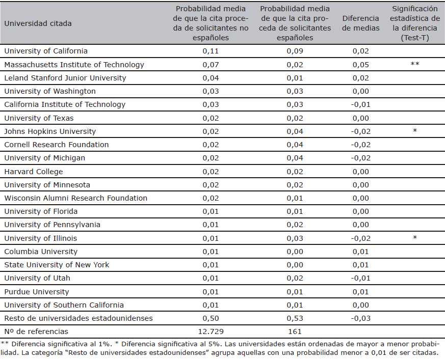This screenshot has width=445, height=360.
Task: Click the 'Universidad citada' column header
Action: [38, 23]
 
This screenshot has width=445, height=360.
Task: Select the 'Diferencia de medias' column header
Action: [361, 23]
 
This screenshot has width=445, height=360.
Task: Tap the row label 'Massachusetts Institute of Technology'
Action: [74, 65]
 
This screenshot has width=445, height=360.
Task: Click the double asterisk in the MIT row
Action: [415, 64]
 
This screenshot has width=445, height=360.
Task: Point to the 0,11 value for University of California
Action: [211, 51]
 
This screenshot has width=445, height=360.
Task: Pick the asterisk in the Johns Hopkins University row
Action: [415, 131]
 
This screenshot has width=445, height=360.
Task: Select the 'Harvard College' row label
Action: [34, 172]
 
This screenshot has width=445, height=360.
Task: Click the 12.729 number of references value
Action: [211, 331]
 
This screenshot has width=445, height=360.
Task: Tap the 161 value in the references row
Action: [295, 331]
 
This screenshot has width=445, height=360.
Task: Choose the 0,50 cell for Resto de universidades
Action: [211, 318]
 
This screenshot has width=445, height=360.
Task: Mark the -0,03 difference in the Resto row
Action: [361, 318]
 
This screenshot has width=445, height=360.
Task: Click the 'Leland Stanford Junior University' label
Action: [65, 78]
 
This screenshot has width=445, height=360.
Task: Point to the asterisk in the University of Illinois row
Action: [415, 238]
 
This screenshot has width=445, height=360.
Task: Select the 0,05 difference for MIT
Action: [361, 65]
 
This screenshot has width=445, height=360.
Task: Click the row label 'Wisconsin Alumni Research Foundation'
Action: [76, 198]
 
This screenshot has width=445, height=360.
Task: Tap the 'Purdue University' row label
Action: [37, 292]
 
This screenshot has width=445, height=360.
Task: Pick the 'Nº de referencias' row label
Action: [36, 331]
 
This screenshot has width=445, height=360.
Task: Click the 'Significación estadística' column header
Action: [415, 23]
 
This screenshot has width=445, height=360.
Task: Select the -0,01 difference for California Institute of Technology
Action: [361, 104]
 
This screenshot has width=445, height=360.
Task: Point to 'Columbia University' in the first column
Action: [41, 252]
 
